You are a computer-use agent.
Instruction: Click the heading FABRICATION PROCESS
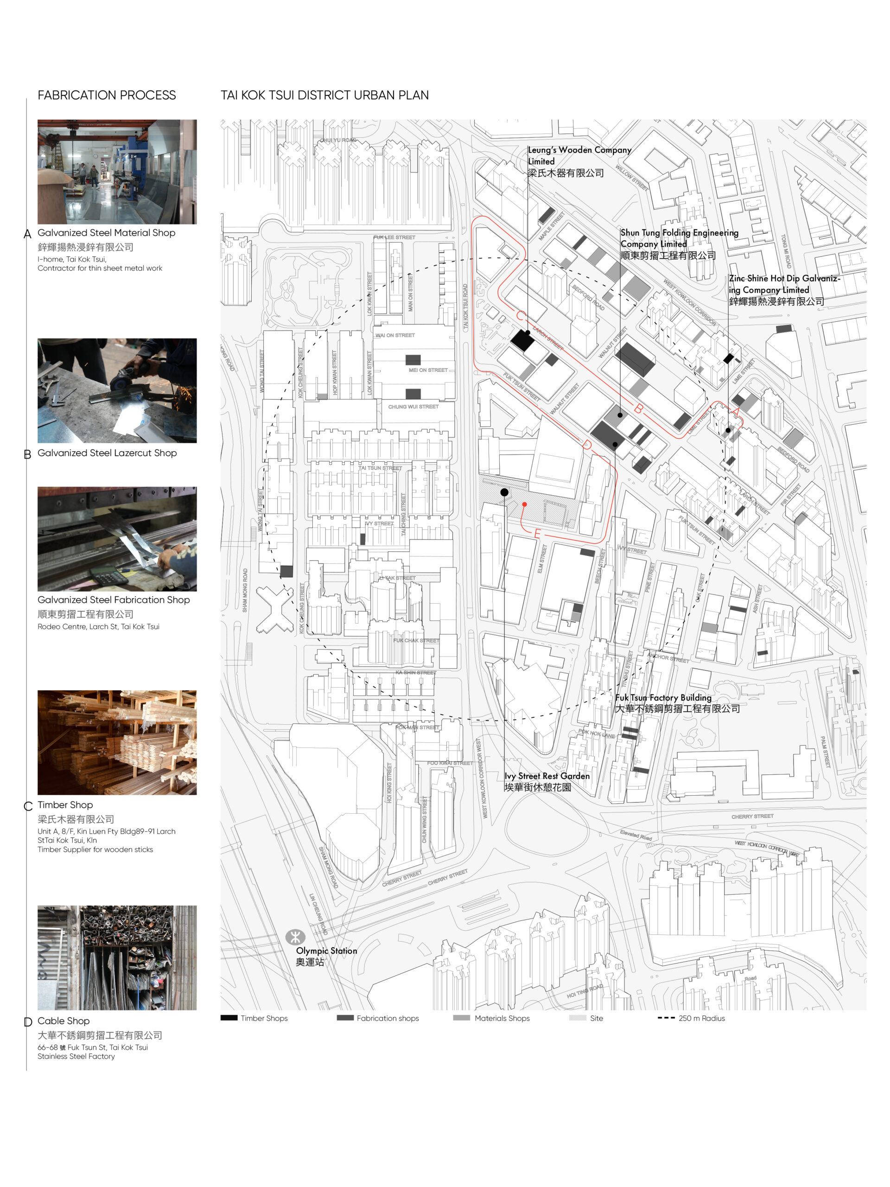(x=106, y=95)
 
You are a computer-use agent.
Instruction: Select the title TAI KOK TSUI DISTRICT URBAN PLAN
(x=324, y=95)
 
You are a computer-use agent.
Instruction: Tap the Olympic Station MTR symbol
(x=294, y=937)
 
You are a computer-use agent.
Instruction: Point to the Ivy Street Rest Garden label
(x=546, y=781)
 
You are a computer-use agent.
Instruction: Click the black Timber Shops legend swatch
(x=229, y=1018)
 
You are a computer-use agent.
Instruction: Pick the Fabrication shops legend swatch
(x=344, y=1018)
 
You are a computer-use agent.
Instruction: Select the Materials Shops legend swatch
(x=461, y=1018)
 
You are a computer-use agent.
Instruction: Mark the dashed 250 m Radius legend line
(x=666, y=1018)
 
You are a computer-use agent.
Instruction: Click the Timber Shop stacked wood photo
(x=117, y=742)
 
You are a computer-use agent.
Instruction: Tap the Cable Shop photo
(x=117, y=958)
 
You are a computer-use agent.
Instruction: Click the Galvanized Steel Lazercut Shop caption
(x=107, y=453)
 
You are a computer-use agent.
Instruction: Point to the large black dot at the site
(x=504, y=492)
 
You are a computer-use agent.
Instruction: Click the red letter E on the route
(x=537, y=533)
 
